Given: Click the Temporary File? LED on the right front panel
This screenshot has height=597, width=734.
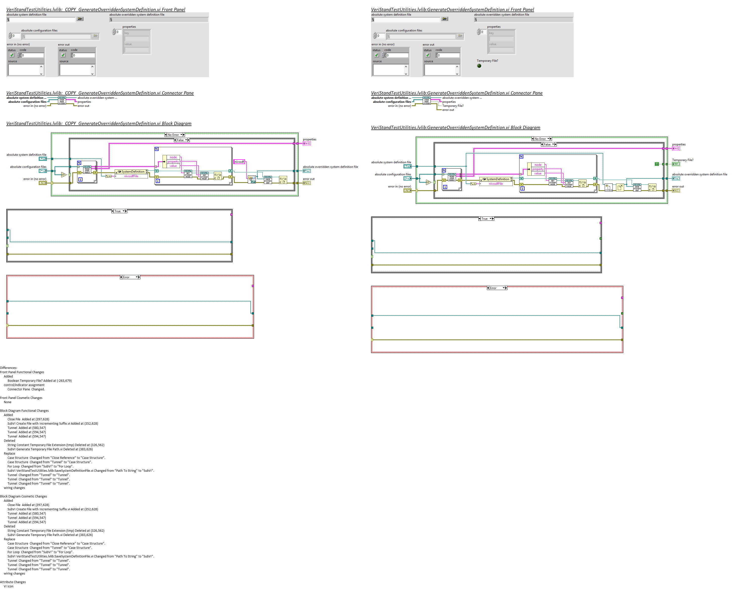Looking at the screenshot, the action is click(479, 66).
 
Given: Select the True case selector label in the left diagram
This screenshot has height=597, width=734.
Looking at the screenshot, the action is click(118, 211).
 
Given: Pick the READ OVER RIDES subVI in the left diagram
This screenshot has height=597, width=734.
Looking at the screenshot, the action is click(87, 170).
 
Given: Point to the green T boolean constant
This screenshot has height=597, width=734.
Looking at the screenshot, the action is click(657, 164).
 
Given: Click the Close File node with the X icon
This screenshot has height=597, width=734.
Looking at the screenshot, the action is click(620, 187).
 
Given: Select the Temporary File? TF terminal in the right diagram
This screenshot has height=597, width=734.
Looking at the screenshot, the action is click(676, 164).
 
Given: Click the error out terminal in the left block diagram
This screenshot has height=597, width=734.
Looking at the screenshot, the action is click(307, 183).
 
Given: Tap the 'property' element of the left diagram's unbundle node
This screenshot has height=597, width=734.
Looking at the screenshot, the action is click(173, 162).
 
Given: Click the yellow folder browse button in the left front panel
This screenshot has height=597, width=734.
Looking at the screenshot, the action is click(80, 19).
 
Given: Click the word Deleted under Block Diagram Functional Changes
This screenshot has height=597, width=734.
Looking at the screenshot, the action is click(9, 441).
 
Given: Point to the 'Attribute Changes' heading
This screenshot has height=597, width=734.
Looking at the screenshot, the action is click(13, 582).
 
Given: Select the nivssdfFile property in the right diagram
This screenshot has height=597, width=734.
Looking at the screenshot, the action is click(496, 184).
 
